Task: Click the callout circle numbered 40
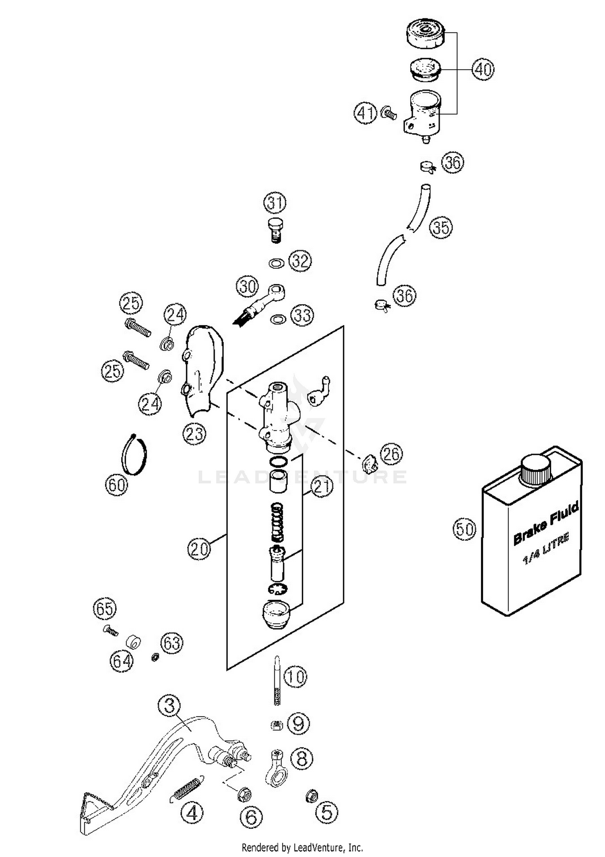point(483,69)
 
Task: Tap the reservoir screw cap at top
point(425,33)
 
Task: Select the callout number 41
point(365,113)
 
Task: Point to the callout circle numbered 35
point(441,227)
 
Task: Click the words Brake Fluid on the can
point(546,523)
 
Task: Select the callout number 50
point(464,528)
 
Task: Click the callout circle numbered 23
point(194,434)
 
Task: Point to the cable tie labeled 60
point(134,455)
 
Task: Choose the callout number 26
point(392,453)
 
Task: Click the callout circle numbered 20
point(199,549)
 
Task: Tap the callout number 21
point(322,487)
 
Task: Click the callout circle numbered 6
point(251,817)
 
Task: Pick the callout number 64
point(121,661)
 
